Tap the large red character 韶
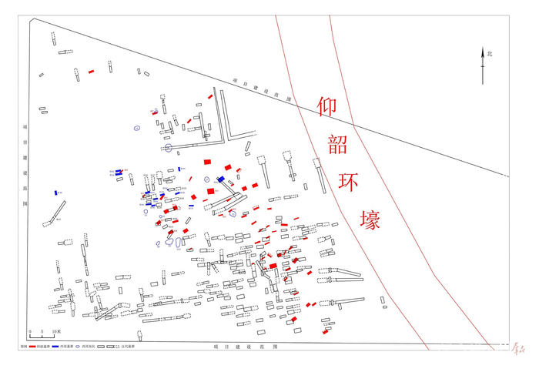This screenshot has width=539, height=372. point(337,144)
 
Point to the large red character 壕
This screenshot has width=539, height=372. point(368,219)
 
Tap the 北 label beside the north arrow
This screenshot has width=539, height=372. point(490,53)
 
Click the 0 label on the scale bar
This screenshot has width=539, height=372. point(30,332)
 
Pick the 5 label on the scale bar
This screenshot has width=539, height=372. point(42,332)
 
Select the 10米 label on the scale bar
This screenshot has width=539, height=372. point(56,332)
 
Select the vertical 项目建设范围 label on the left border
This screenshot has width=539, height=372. point(25,166)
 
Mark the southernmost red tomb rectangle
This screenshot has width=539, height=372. point(325,332)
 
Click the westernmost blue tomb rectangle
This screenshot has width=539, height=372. point(56,193)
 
